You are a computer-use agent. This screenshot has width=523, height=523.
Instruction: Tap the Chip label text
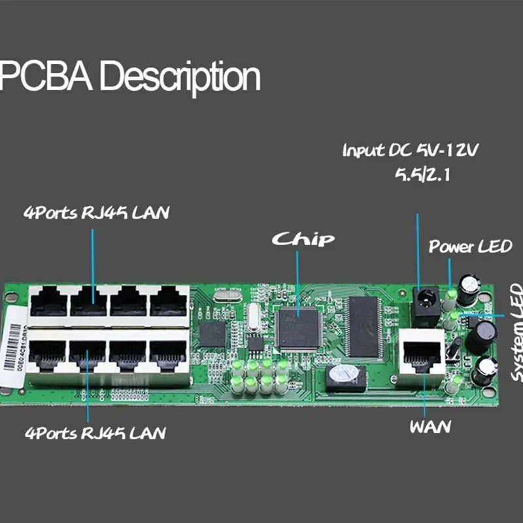303,239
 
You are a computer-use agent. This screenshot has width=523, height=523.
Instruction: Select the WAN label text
430,427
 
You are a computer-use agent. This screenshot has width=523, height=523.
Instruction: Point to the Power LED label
470,246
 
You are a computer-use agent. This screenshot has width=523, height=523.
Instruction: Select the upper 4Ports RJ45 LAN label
97,213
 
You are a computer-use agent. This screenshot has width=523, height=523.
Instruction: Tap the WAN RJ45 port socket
422,356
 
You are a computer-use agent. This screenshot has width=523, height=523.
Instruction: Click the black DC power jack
428,302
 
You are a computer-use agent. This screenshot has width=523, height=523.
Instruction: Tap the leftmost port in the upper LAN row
50,302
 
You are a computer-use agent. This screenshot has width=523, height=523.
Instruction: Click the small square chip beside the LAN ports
212,333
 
